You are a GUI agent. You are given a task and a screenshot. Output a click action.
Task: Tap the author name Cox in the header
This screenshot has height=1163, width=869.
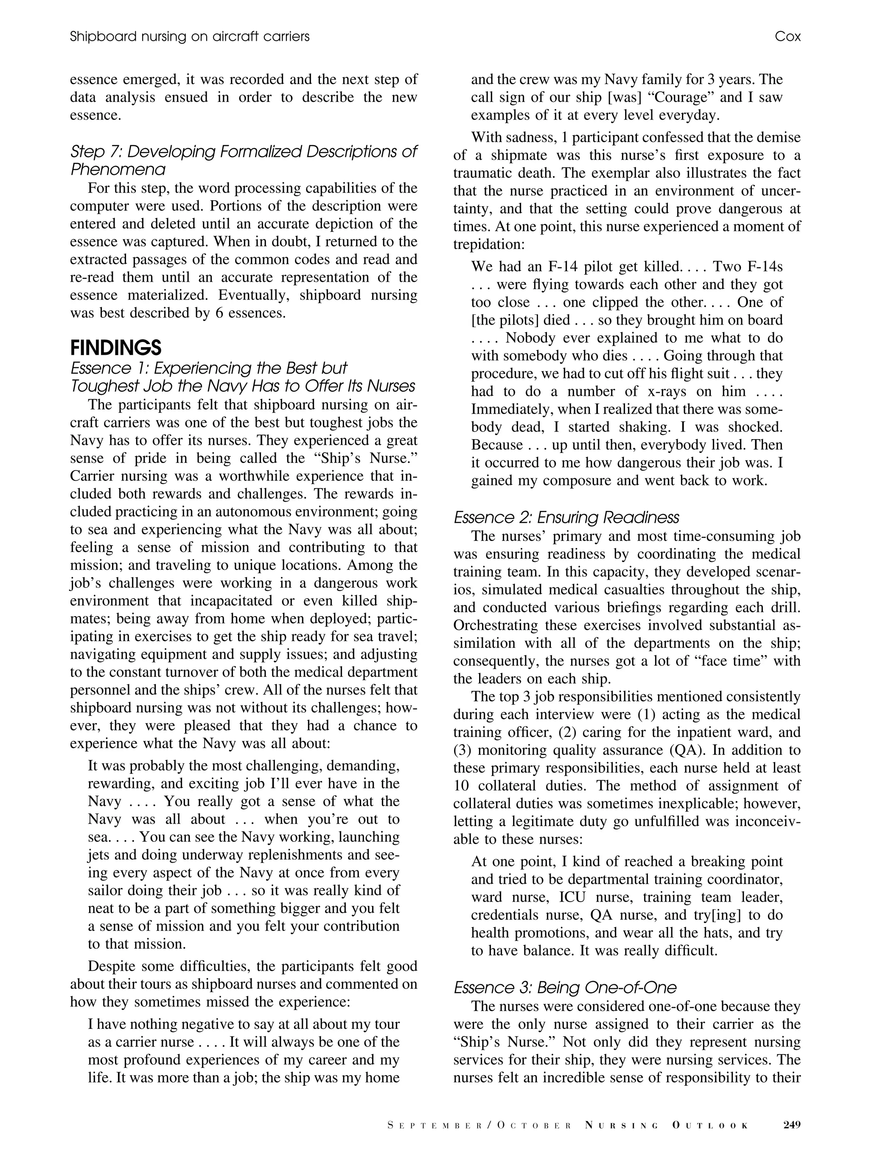(787, 36)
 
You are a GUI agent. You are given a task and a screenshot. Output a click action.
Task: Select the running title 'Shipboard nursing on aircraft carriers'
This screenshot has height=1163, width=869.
(189, 36)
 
